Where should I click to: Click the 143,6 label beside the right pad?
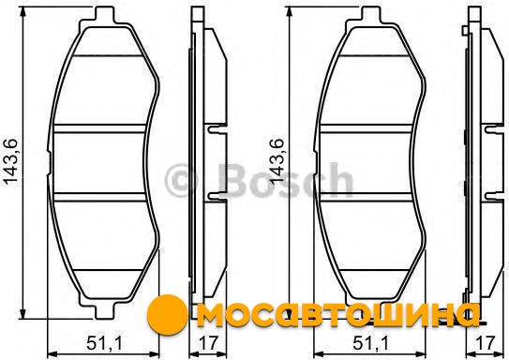tap(277, 162)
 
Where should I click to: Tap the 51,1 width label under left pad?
tap(105, 343)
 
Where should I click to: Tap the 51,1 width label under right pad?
tap(370, 343)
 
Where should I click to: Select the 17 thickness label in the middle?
tap(208, 343)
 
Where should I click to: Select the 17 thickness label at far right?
tap(485, 343)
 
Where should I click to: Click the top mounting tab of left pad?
tap(105, 15)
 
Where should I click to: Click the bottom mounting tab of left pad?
tap(105, 309)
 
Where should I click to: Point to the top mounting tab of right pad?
tap(371, 15)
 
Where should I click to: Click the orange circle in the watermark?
tap(167, 314)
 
